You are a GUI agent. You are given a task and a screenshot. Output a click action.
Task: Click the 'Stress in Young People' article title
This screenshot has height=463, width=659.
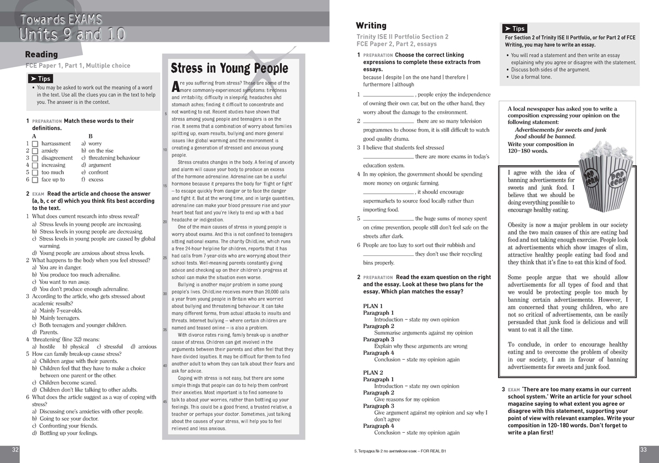click(x=229, y=68)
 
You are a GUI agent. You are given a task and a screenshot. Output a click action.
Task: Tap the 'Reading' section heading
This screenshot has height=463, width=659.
click(x=41, y=54)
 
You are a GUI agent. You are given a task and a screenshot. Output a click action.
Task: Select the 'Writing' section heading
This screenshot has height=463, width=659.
click(x=371, y=26)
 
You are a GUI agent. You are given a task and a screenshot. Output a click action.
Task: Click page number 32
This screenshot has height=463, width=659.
click(x=15, y=449)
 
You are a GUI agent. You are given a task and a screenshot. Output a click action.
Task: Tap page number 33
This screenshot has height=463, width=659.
click(x=644, y=449)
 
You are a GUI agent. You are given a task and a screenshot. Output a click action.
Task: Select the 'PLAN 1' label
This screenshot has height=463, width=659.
click(x=373, y=305)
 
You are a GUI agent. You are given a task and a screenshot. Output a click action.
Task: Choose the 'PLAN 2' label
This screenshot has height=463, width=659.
click(x=373, y=372)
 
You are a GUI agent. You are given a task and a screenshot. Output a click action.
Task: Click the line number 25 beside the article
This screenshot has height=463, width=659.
click(x=165, y=258)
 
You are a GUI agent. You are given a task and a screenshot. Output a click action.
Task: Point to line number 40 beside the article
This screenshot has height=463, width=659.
click(x=165, y=365)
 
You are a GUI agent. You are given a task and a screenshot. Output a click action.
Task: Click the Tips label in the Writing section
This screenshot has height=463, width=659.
click(x=515, y=29)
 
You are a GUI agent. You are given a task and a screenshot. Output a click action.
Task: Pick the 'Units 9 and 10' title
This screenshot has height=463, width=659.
click(x=72, y=34)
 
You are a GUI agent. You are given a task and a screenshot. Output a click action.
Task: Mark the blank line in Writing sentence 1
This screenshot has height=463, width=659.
click(x=388, y=95)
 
